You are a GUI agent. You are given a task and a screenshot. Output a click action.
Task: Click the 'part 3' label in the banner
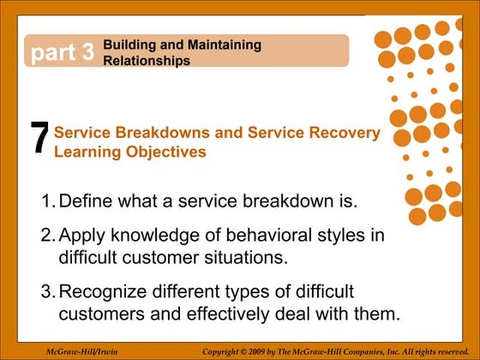pyautogui.click(x=63, y=53)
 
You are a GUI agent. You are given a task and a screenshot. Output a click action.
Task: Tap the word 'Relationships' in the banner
pyautogui.click(x=146, y=61)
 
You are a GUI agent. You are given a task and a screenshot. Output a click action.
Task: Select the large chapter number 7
pyautogui.click(x=39, y=140)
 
